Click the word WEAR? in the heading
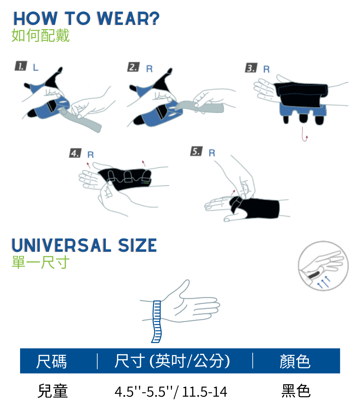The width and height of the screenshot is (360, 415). coord(128,18)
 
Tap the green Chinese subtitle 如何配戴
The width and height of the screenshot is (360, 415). coord(40,36)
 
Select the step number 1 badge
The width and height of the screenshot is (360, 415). coord(21,66)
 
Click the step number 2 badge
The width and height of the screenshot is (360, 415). coord(134,67)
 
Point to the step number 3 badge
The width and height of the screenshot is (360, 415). coord(251,68)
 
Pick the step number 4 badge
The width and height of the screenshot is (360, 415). coord(75,153)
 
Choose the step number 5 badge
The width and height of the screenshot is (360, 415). coord(197,151)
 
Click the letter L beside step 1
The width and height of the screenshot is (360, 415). coord(36,67)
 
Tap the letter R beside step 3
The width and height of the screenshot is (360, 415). coord(267,69)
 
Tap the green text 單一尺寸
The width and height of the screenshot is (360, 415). coord(40,262)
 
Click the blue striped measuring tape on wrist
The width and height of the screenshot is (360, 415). coord(157,322)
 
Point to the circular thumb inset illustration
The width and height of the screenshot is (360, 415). coord(323,266)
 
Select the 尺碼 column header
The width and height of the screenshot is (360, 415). coord(52,361)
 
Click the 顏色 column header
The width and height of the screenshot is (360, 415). coord(295,361)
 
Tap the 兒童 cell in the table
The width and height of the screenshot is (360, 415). coord(53,391)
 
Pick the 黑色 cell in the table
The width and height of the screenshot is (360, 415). coord(296,391)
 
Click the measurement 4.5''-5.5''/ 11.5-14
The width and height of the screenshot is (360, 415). coord(171,392)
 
